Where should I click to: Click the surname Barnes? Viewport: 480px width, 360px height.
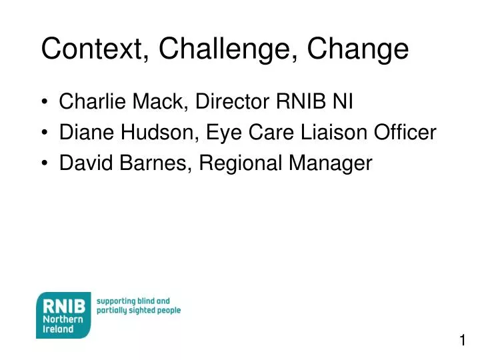(x=158, y=163)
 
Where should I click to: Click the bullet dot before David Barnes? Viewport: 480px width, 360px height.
(x=45, y=164)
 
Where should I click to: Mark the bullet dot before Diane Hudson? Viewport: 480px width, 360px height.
(x=45, y=133)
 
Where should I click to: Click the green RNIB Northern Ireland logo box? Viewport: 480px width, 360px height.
(x=63, y=315)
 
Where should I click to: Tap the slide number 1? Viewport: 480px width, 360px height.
(x=462, y=341)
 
